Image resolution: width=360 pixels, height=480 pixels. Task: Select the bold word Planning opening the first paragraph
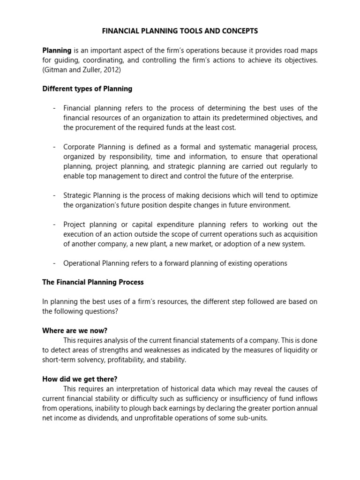point(57,50)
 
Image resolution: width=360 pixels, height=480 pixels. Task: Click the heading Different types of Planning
point(87,89)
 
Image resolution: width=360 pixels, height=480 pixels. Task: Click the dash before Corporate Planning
point(54,147)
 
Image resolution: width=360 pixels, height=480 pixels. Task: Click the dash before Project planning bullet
point(54,224)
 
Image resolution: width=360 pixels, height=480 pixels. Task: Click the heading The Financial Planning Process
point(93,282)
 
